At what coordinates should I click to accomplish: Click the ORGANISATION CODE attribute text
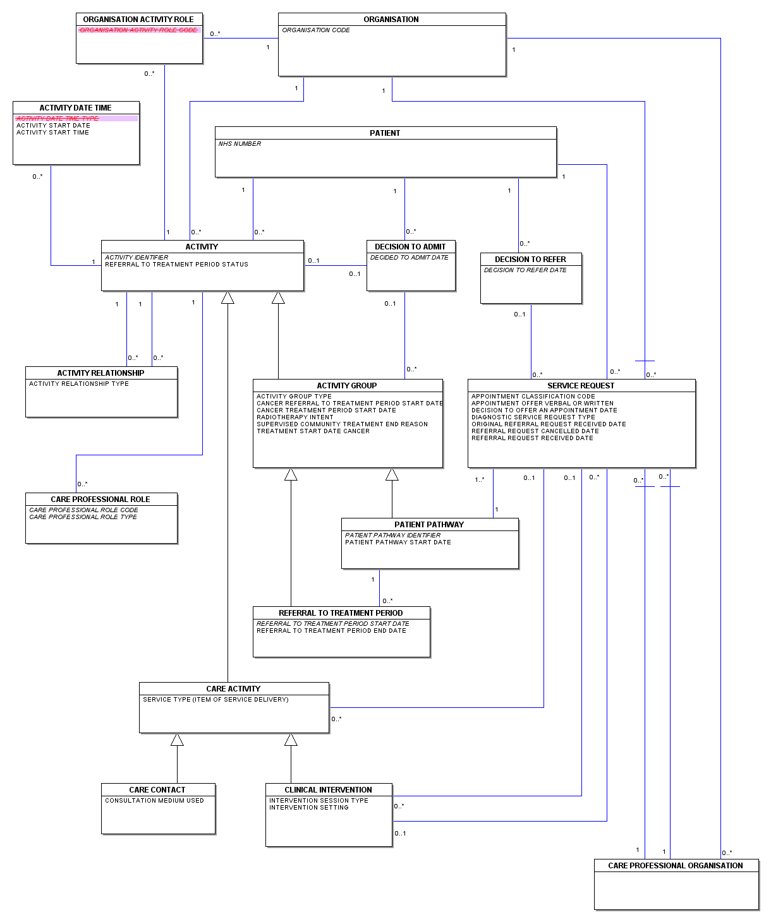(x=315, y=30)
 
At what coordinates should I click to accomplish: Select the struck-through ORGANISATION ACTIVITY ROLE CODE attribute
(x=138, y=30)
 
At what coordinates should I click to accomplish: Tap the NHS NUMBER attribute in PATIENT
(x=240, y=143)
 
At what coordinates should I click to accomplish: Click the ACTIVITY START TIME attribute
(x=52, y=133)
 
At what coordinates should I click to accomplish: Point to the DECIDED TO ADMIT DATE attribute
(x=409, y=258)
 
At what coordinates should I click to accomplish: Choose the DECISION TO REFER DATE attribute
(x=525, y=270)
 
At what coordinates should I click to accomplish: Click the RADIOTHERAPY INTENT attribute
(x=294, y=417)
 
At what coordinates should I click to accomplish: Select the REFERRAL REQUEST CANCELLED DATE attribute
(x=535, y=431)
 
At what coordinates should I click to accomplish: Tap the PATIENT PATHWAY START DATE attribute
(x=398, y=542)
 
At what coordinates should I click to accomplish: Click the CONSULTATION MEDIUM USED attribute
(x=154, y=801)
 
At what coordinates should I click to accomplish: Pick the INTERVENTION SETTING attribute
(x=308, y=808)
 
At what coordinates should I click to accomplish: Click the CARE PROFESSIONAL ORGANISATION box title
(x=675, y=865)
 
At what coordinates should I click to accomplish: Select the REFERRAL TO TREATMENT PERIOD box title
(x=341, y=613)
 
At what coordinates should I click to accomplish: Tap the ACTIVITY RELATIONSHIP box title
(x=100, y=373)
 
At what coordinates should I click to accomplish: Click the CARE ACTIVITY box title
(x=233, y=689)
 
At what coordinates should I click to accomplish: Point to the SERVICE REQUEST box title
(x=581, y=385)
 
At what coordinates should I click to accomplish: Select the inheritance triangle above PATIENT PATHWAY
(x=392, y=475)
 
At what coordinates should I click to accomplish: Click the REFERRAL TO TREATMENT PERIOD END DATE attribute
(x=331, y=631)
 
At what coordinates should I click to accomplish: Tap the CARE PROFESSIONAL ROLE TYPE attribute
(x=83, y=517)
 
